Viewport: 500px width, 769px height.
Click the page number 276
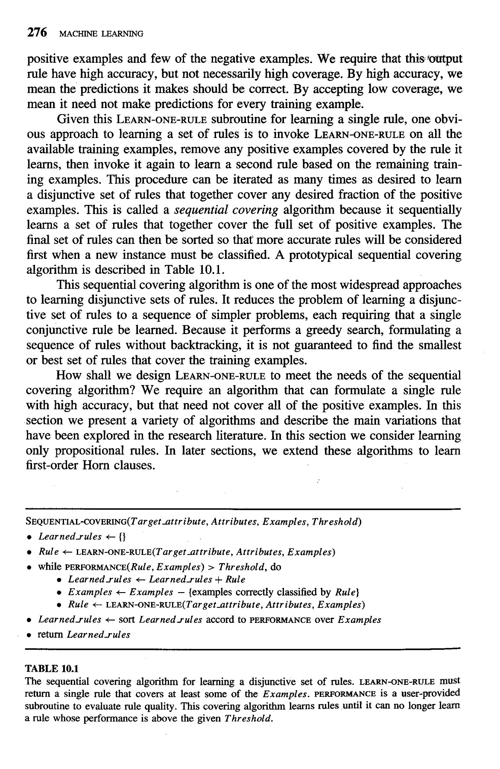click(x=36, y=32)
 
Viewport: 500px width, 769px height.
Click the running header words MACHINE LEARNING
click(x=101, y=33)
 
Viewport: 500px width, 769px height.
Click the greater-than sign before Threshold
click(x=212, y=567)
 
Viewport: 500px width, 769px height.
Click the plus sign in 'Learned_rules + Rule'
click(x=219, y=580)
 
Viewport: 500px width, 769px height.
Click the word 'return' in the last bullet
click(x=51, y=634)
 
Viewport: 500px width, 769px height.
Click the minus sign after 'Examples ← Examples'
click(x=181, y=593)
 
